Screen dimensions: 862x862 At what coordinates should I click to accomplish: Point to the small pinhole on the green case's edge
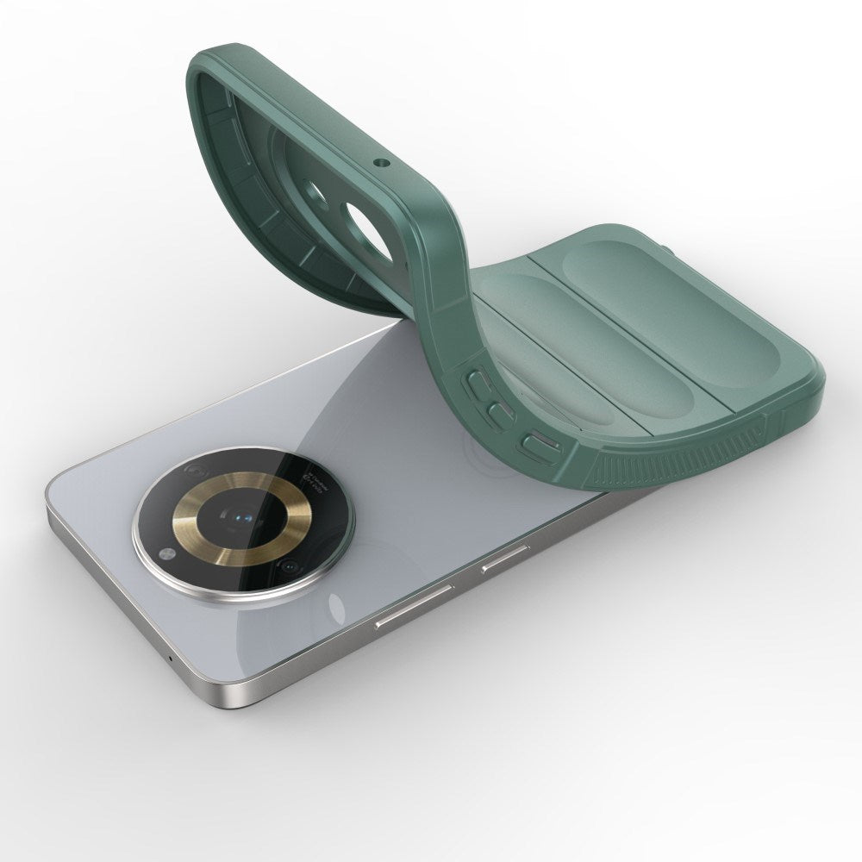[378, 161]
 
